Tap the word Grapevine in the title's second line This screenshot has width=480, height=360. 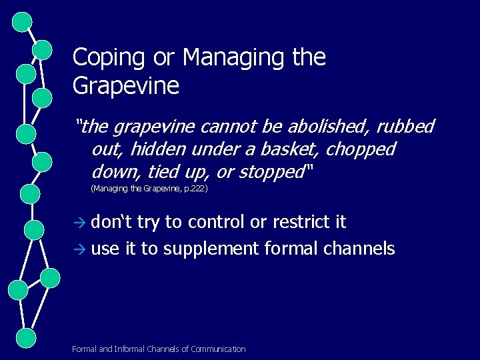[x=126, y=87]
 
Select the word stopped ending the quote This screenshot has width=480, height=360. [x=271, y=172]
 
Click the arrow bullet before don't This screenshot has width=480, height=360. [x=80, y=223]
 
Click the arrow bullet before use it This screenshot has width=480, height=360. [x=80, y=250]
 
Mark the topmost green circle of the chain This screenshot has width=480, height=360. [x=23, y=22]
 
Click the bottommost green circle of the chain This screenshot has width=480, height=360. [x=25, y=337]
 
